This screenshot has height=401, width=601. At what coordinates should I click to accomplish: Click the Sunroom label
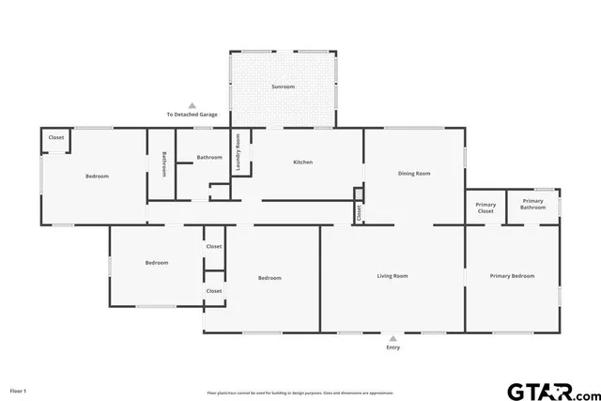[x=283, y=86]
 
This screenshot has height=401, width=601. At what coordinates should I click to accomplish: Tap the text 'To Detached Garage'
[x=193, y=115]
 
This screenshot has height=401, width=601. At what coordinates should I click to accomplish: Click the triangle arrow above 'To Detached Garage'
[x=193, y=105]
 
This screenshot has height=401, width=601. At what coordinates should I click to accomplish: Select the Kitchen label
[x=302, y=162]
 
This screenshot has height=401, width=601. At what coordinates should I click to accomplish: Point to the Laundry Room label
[x=239, y=152]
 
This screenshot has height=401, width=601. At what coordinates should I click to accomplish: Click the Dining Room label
[x=414, y=173]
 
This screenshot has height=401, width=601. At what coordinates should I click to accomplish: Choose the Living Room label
[x=393, y=276]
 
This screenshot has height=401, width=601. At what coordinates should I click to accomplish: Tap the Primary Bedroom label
[x=512, y=276]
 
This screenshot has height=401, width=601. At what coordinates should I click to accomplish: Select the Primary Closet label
[x=485, y=208]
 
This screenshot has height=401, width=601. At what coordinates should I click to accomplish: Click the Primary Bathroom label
[x=533, y=204]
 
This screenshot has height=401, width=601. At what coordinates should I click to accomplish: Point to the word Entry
[x=393, y=347]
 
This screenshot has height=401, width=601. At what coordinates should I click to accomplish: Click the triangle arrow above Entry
[x=393, y=338]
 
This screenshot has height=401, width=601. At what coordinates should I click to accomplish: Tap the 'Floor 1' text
[x=19, y=390]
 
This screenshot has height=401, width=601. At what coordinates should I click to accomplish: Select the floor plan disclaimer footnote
[x=300, y=393]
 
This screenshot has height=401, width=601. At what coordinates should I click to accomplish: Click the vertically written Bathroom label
[x=164, y=164]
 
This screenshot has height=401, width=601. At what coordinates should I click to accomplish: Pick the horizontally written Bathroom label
[x=209, y=157]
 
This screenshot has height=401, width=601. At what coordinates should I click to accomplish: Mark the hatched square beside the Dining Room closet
[x=358, y=194]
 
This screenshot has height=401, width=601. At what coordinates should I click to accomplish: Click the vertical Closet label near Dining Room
[x=358, y=212]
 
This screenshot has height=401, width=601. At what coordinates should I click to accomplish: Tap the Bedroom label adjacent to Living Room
[x=270, y=278]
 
